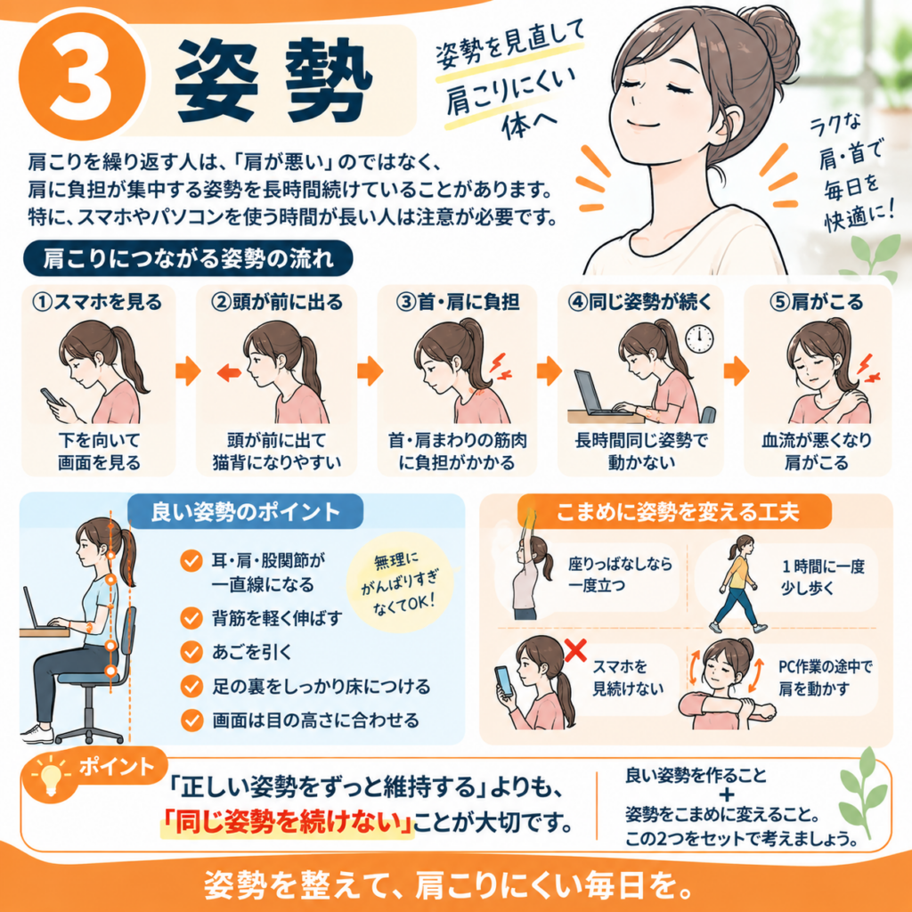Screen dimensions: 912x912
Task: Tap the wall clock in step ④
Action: click(698, 338)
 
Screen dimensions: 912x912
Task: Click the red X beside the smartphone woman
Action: click(575, 649)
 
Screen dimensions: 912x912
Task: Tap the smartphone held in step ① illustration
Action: click(51, 396)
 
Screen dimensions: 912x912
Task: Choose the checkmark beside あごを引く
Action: click(191, 652)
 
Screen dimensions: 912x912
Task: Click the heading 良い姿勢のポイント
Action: click(245, 512)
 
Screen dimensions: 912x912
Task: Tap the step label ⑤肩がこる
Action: click(816, 302)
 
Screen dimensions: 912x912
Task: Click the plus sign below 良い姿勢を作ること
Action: click(727, 794)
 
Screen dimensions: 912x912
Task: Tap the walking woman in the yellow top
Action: click(737, 584)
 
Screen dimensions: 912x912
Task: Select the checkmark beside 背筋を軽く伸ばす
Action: click(191, 618)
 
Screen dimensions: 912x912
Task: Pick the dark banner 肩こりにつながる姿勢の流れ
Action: click(189, 258)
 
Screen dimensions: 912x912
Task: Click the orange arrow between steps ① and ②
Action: click(188, 371)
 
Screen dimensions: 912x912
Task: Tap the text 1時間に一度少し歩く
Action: click(822, 577)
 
